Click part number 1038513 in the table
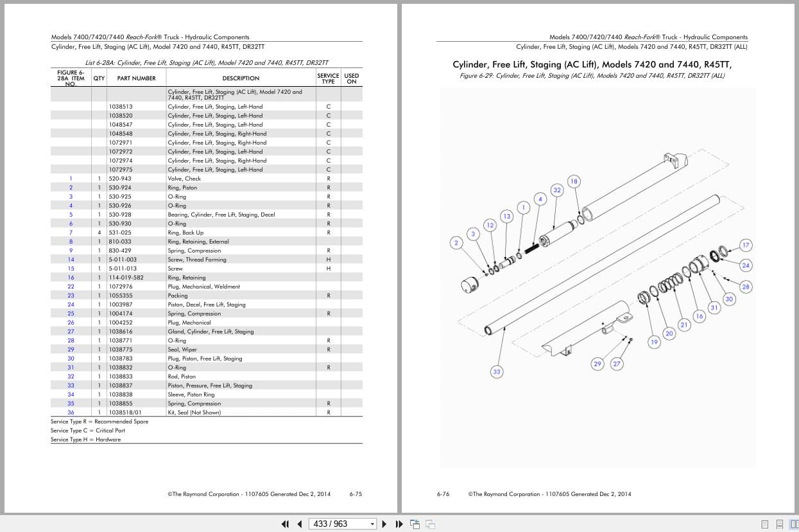tap(121, 107)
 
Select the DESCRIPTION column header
tap(241, 78)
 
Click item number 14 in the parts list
tap(71, 260)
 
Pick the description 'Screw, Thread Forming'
tap(197, 260)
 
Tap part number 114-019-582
tap(126, 278)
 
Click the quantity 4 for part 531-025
tap(99, 233)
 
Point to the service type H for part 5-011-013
tap(329, 269)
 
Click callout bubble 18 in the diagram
tap(574, 181)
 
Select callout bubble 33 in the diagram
tap(496, 372)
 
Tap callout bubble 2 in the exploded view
tap(456, 243)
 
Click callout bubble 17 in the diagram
tap(746, 245)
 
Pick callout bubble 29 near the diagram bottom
tap(597, 364)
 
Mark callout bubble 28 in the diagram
tap(746, 287)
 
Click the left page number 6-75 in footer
tap(356, 494)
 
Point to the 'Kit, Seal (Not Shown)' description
tap(194, 412)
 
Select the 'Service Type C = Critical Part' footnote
tap(88, 430)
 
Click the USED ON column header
tap(351, 78)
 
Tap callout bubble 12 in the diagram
tap(490, 225)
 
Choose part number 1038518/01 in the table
tap(125, 412)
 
